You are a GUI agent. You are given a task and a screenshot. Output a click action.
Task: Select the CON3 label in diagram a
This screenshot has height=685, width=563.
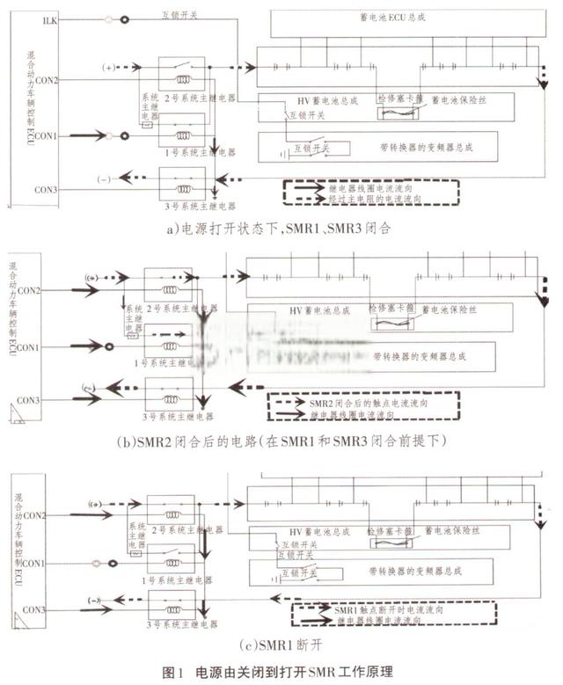point(47,189)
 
